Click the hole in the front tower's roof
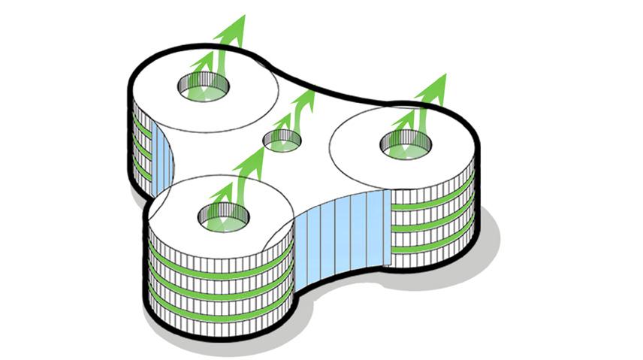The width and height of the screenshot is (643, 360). [x=223, y=217]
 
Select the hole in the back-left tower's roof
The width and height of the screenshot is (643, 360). [x=204, y=91]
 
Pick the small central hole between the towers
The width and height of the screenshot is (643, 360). [x=282, y=140]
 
